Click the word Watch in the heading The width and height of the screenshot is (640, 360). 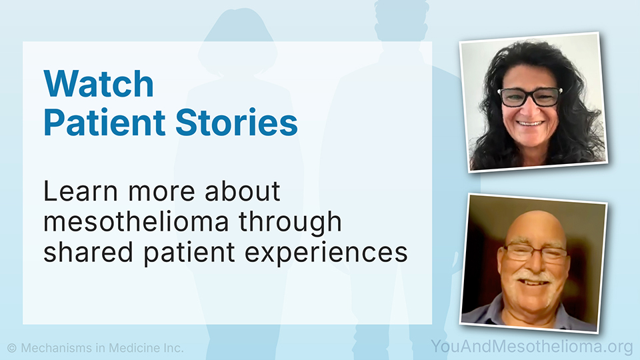(x=99, y=83)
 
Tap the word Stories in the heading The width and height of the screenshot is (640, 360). (x=236, y=122)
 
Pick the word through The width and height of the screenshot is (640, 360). (x=290, y=223)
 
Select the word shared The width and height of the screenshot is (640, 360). (x=88, y=252)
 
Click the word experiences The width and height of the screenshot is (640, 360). (x=326, y=253)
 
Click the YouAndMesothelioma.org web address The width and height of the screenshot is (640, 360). (x=532, y=347)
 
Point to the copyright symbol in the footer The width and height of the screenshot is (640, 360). (x=12, y=348)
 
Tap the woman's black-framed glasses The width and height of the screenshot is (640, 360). (x=530, y=97)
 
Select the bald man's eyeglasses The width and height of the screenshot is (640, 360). (x=535, y=253)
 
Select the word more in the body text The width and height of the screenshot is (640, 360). (x=161, y=191)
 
